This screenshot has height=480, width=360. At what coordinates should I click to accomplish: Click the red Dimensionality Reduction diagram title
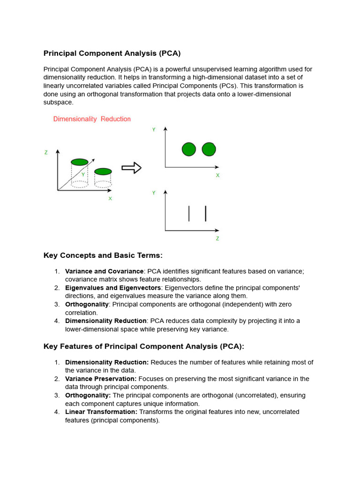(x=92, y=119)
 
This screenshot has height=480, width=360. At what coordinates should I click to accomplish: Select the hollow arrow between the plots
(x=131, y=168)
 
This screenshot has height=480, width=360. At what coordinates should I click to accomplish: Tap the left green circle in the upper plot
(x=188, y=150)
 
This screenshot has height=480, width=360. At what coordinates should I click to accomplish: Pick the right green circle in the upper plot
(x=209, y=150)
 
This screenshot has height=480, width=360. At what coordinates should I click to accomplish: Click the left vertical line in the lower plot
(x=189, y=213)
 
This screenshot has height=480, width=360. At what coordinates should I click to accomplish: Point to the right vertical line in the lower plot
(x=205, y=213)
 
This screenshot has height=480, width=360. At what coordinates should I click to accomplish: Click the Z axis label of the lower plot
(x=217, y=238)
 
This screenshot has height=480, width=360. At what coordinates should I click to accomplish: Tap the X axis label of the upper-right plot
(x=217, y=175)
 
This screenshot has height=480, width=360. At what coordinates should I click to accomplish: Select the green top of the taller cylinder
(x=80, y=162)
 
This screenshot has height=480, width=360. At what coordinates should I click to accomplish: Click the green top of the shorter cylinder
(x=103, y=171)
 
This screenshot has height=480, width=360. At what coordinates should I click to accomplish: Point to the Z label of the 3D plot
(x=46, y=152)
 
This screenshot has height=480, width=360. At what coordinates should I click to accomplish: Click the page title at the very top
(x=112, y=53)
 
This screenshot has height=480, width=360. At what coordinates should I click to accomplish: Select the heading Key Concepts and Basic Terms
(x=103, y=255)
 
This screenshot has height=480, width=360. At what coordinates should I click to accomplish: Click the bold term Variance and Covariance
(x=104, y=271)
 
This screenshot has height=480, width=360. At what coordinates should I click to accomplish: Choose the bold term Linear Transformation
(x=101, y=412)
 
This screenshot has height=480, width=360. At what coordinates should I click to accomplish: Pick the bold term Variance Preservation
(x=101, y=379)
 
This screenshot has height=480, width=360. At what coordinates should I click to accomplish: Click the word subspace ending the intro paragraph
(x=59, y=103)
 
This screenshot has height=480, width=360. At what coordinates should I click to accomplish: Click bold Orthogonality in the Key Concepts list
(x=87, y=304)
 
